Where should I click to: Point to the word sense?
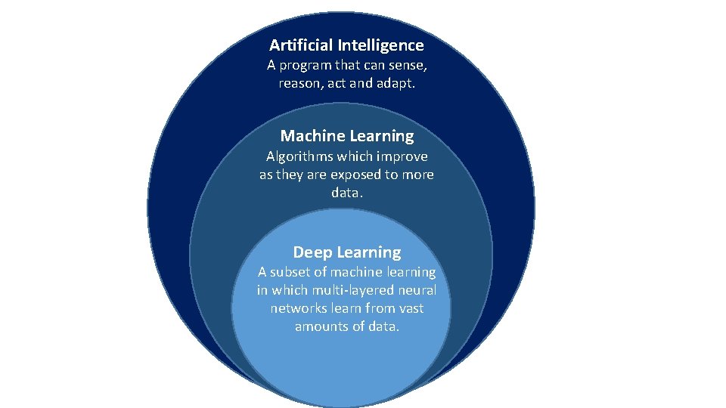[408, 65]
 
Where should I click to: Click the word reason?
[299, 83]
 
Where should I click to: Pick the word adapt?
[396, 83]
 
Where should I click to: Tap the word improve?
[402, 156]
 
